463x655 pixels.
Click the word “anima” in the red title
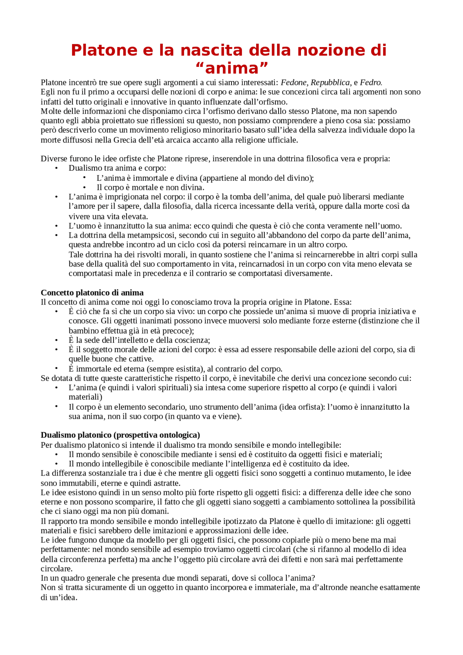(231, 68)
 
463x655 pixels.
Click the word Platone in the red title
(104, 50)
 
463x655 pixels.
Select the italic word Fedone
(294, 82)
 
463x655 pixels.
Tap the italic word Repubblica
(330, 82)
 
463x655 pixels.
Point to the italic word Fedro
(371, 82)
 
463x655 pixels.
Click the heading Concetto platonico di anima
(92, 293)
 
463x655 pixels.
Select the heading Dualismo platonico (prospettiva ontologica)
(120, 435)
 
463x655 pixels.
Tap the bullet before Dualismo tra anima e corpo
(56, 168)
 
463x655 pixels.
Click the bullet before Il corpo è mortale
(84, 187)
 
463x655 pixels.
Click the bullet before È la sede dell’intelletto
(56, 340)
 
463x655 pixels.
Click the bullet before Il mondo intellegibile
(56, 464)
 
